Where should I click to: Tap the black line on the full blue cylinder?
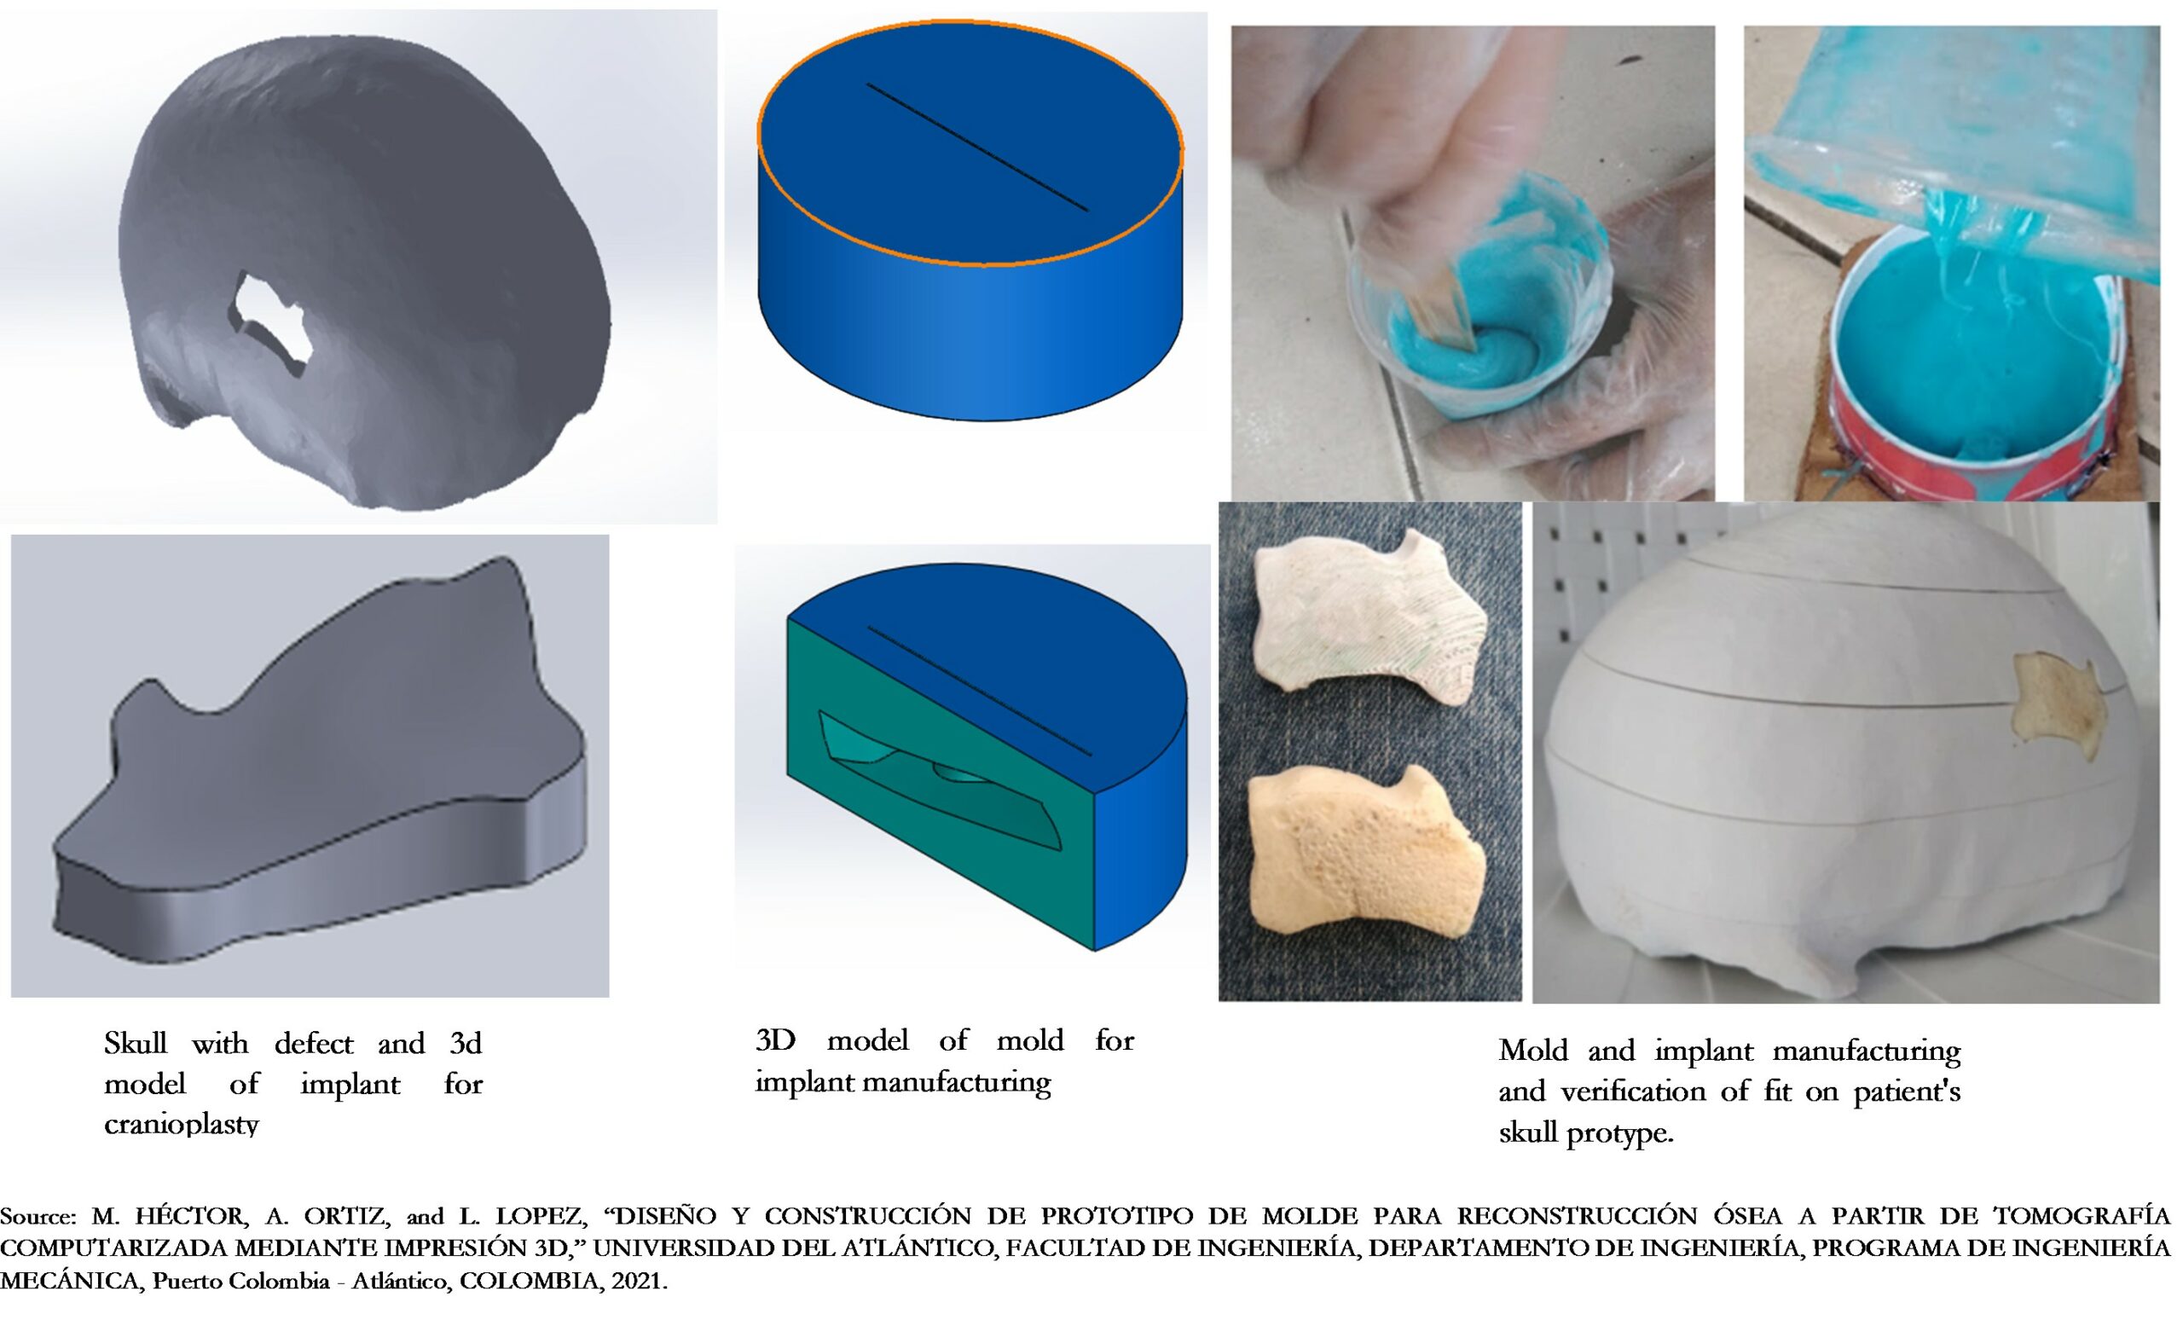977,147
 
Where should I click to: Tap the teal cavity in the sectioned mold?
939,779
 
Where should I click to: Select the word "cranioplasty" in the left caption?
182,1124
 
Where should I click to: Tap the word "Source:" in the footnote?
39,1216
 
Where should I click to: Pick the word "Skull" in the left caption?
136,1043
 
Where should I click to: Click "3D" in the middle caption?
776,1039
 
